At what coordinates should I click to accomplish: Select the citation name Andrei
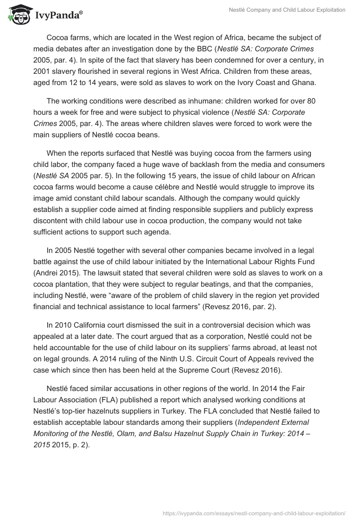click(48, 272)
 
